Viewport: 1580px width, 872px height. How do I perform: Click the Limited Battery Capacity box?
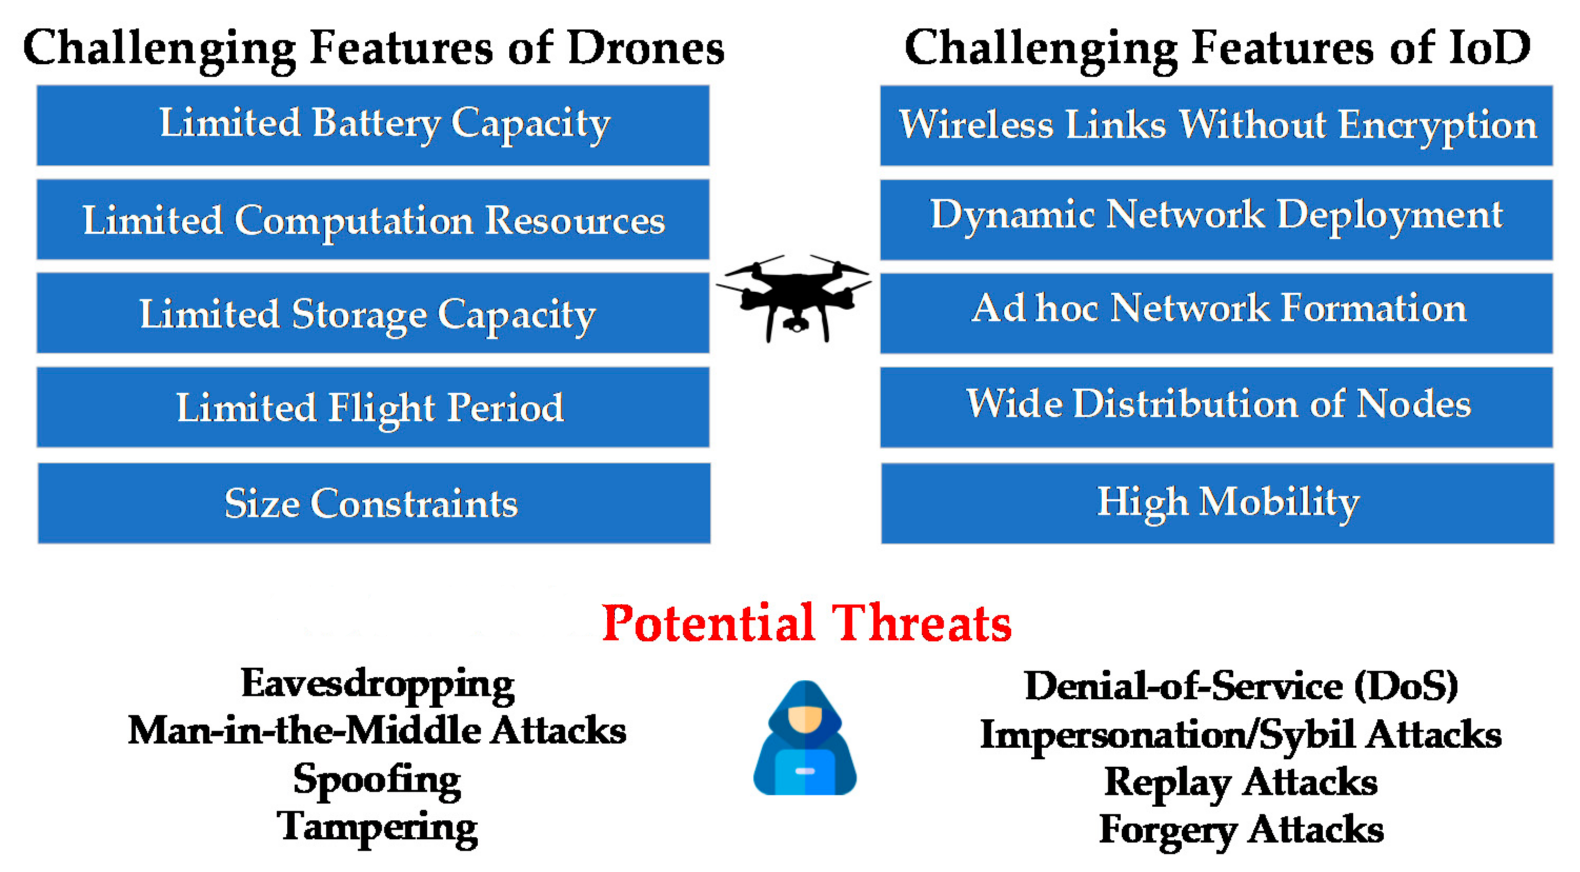373,125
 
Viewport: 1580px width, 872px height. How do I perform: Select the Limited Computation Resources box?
373,219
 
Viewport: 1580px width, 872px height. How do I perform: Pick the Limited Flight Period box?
373,407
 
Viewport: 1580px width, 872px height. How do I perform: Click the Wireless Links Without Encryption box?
1216,125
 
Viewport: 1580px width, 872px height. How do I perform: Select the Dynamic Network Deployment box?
1216,219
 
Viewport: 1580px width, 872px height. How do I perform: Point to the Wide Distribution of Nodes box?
1216,407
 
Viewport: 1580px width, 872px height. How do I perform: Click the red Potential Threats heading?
806,623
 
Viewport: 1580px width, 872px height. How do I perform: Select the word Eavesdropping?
377,684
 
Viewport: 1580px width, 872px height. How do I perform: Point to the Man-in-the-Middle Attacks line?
377,731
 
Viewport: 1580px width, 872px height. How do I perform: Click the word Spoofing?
377,779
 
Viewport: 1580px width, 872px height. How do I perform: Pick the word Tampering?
377,827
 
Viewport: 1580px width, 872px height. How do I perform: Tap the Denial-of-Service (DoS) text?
1241,686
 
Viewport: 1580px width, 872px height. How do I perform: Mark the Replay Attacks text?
1241,782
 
